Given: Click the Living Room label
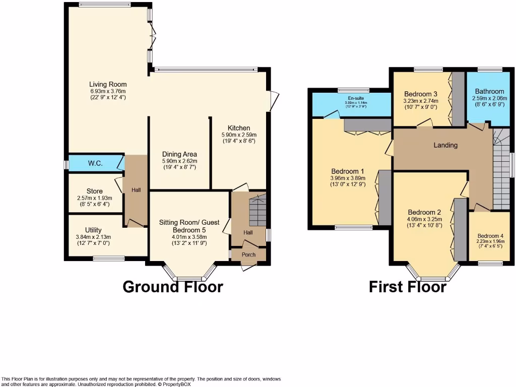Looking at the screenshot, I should (108, 84).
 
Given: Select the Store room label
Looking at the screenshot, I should (94, 191).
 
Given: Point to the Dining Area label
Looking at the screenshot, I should (179, 154).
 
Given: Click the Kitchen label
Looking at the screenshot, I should (239, 128).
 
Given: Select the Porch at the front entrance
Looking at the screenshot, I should (248, 254).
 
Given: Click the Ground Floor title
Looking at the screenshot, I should (173, 287).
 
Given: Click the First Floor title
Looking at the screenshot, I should (407, 287).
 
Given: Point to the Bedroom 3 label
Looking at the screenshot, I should (421, 94).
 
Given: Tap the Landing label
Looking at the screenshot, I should (445, 145).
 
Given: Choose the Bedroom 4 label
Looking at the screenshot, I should (490, 236).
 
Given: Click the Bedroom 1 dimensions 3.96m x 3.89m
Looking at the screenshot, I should (348, 177).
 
